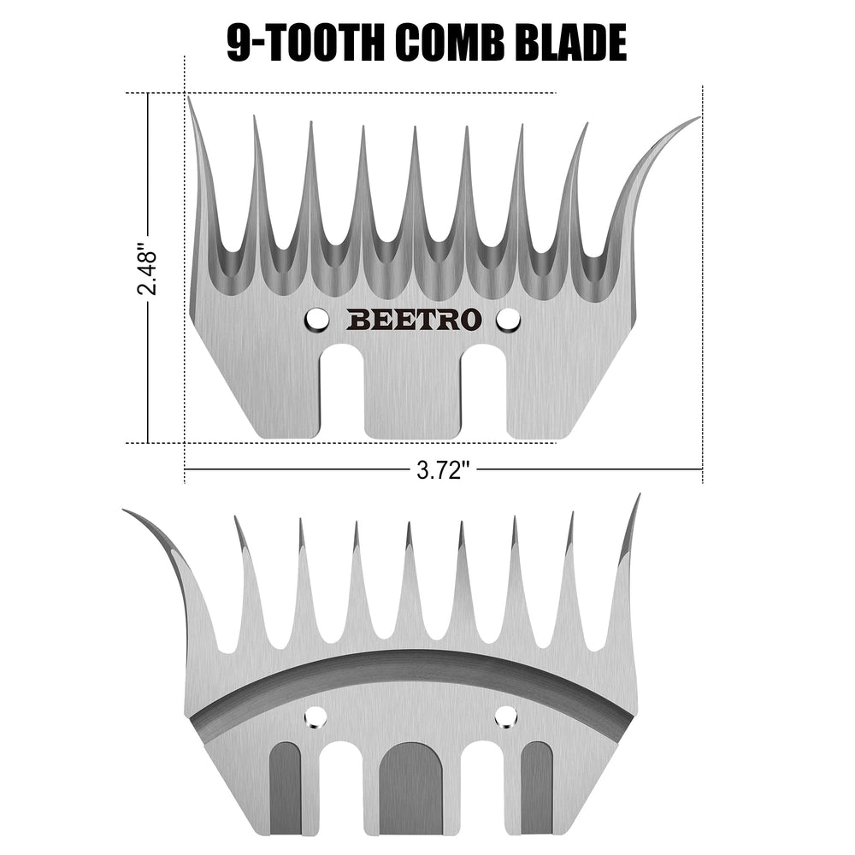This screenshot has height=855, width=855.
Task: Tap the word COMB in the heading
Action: tap(450, 42)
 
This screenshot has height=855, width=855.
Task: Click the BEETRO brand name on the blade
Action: tap(414, 320)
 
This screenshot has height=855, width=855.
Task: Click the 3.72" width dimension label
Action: tap(443, 469)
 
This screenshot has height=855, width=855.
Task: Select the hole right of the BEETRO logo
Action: tap(508, 320)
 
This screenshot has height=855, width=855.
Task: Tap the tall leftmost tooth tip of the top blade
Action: tap(189, 97)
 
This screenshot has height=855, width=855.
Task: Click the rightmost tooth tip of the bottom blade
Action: tap(639, 495)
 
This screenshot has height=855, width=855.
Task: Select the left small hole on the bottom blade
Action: tap(315, 716)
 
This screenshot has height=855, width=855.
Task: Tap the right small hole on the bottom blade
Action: tap(505, 716)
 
